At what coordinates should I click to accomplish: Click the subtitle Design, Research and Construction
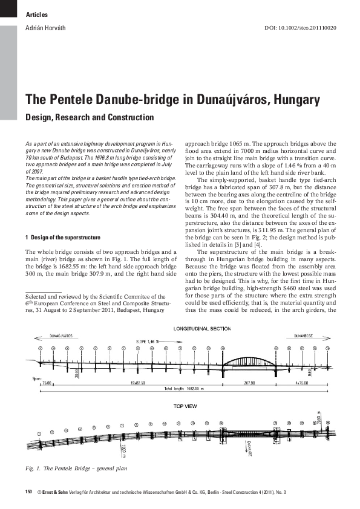click(89, 117)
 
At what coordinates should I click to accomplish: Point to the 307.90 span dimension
click(249, 383)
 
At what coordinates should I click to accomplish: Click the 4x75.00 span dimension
click(306, 383)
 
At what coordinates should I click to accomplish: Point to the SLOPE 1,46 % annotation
click(146, 341)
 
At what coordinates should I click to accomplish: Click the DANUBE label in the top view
click(249, 447)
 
